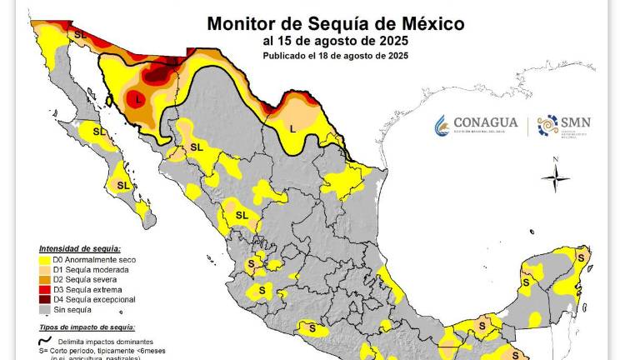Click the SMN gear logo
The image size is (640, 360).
(x=547, y=125)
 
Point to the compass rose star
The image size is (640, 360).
(x=556, y=177)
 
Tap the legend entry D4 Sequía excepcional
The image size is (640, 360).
(x=92, y=299)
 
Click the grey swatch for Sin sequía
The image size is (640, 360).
(x=44, y=309)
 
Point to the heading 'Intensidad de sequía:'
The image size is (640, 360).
(x=79, y=249)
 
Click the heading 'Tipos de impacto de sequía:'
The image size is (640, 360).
(x=87, y=327)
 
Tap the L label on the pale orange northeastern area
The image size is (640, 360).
(x=292, y=128)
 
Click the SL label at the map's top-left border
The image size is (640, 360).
(x=80, y=34)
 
